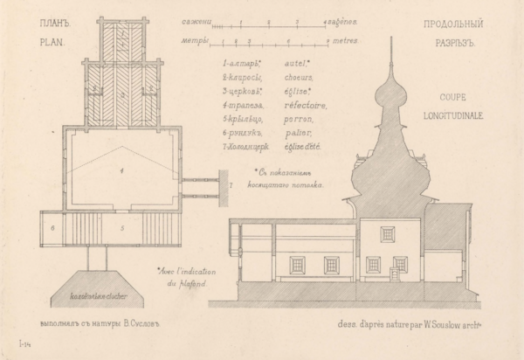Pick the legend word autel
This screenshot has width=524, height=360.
[301, 63]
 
